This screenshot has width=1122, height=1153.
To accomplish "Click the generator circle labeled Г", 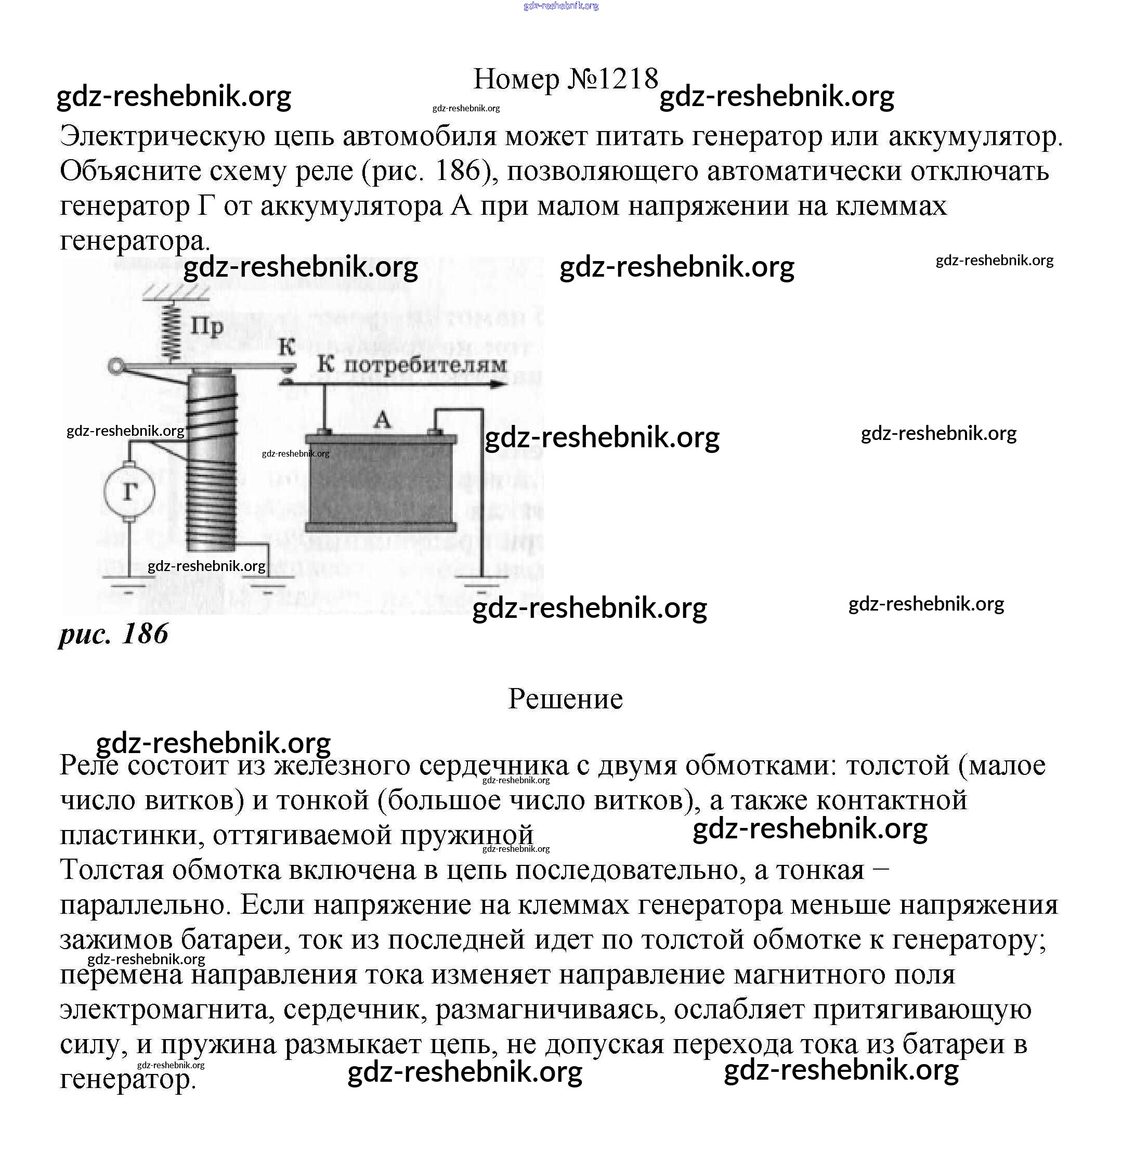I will (129, 491).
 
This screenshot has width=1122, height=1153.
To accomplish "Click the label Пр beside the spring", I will (207, 326).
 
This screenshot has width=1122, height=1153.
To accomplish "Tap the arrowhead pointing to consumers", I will (499, 385).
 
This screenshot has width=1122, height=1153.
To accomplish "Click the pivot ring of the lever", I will (116, 368).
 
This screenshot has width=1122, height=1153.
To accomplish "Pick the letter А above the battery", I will (383, 420).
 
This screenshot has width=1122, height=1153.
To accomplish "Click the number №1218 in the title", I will (612, 79).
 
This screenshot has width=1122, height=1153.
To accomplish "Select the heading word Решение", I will (565, 699).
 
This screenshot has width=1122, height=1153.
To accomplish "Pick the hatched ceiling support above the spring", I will (176, 293).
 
